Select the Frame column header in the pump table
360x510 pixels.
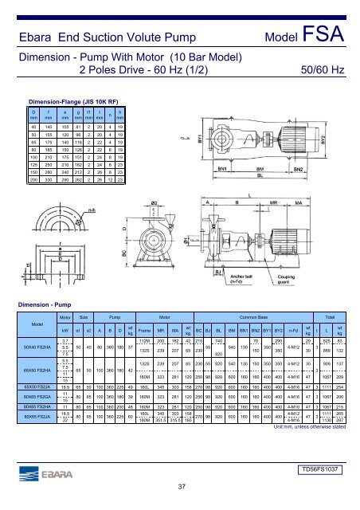(145, 327)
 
